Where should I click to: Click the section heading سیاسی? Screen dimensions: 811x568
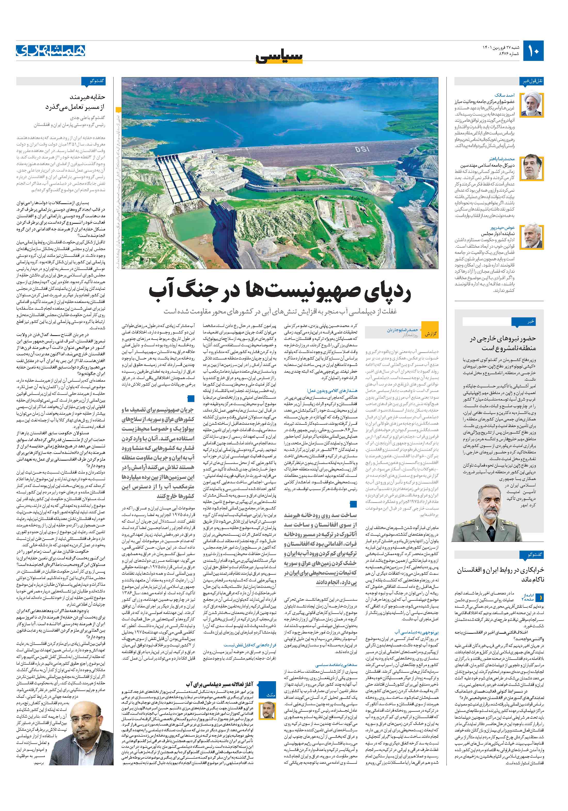click(280, 57)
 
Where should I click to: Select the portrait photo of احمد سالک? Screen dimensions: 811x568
click(533, 105)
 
